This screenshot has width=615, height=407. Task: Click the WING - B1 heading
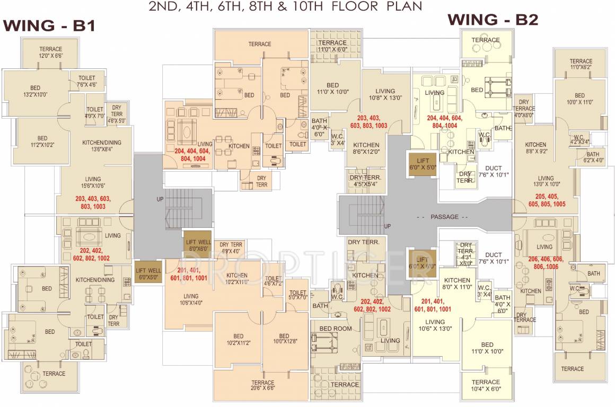[x=49, y=25]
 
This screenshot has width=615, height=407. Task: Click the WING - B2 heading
[x=493, y=20]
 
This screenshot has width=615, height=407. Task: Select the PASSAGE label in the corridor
[x=441, y=217]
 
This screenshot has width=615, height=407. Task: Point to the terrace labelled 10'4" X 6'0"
[x=486, y=385]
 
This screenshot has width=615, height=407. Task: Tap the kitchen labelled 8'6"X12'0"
[x=366, y=148]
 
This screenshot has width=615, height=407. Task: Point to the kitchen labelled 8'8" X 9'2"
[x=535, y=148]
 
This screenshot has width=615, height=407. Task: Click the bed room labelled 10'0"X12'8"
[x=284, y=339]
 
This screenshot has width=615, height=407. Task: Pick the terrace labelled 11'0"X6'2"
[x=581, y=64]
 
